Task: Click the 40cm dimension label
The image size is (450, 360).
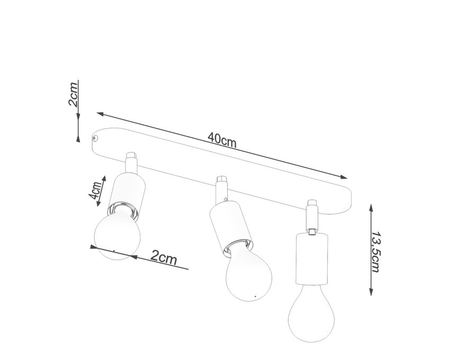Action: tap(222, 140)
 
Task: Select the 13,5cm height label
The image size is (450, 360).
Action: tap(376, 252)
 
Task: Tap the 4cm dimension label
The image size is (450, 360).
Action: tap(95, 191)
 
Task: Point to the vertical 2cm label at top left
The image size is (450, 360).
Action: tap(73, 94)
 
